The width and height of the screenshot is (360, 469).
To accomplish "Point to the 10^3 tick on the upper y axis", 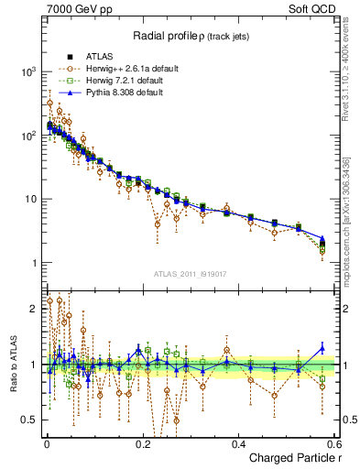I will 28,71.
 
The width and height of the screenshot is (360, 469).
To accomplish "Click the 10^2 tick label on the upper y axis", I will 28,136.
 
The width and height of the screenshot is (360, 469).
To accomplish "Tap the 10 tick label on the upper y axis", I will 30,200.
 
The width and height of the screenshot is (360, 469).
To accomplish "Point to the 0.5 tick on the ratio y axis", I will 29,420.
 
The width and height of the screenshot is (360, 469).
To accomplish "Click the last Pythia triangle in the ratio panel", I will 322,347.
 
